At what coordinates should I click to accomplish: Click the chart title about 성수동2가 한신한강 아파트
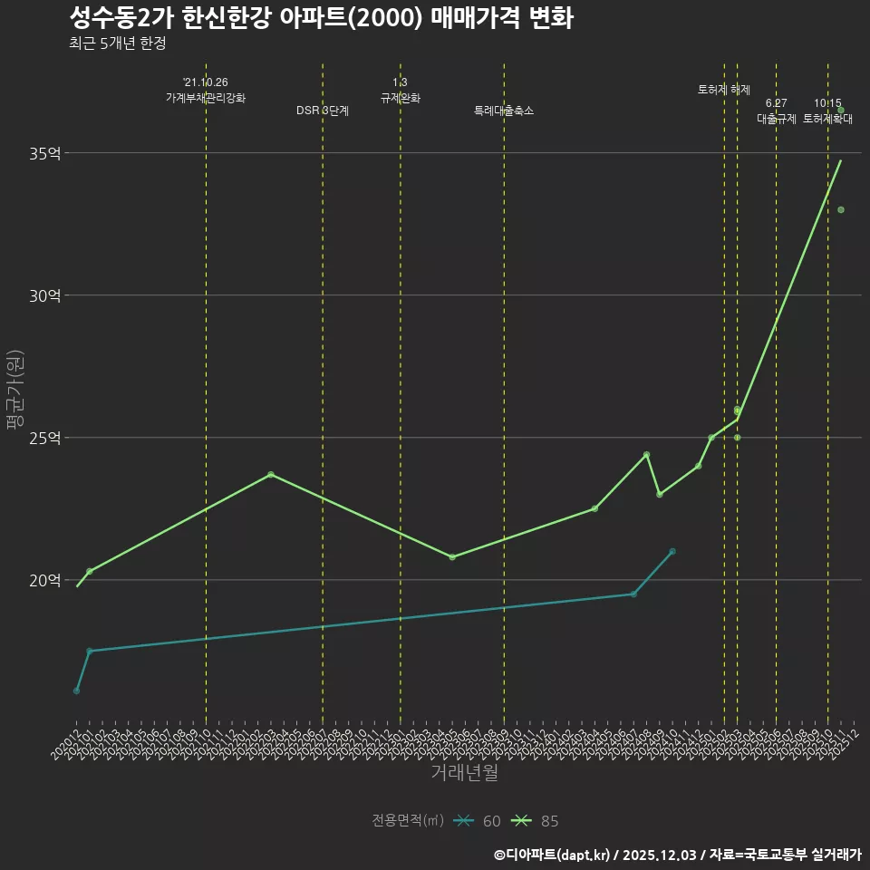pyautogui.click(x=321, y=18)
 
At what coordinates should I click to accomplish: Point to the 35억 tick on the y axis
pyautogui.click(x=45, y=153)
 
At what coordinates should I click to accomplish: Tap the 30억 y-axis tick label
pyautogui.click(x=45, y=295)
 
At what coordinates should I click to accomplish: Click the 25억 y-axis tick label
pyautogui.click(x=45, y=438)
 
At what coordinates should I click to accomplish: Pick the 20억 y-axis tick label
pyautogui.click(x=45, y=580)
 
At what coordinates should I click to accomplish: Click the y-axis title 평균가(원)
pyautogui.click(x=15, y=391)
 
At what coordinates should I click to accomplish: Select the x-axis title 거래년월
pyautogui.click(x=464, y=773)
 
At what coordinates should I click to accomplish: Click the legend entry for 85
pyautogui.click(x=535, y=821)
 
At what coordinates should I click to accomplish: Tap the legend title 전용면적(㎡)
pyautogui.click(x=408, y=821)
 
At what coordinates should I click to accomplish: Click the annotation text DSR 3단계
pyautogui.click(x=323, y=111)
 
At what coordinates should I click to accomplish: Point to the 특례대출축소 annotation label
pyautogui.click(x=504, y=111)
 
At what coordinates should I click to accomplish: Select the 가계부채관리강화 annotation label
pyautogui.click(x=206, y=97)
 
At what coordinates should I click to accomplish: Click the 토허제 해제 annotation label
pyautogui.click(x=724, y=89)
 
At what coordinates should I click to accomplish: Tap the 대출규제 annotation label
pyautogui.click(x=777, y=119)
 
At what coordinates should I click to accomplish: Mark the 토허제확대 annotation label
pyautogui.click(x=828, y=119)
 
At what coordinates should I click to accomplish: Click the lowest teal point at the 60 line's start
pyautogui.click(x=76, y=691)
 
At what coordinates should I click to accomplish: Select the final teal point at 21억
pyautogui.click(x=672, y=551)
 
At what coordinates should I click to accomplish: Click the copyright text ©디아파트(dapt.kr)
pyautogui.click(x=554, y=855)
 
